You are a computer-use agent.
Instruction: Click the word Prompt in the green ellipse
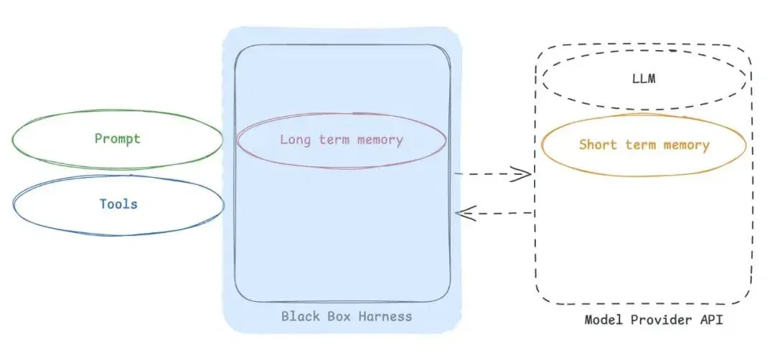pyautogui.click(x=118, y=139)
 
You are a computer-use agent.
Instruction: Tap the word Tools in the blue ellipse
pyautogui.click(x=118, y=204)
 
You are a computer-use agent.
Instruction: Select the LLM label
pyautogui.click(x=644, y=78)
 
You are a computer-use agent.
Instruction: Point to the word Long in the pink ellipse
pyautogui.click(x=296, y=140)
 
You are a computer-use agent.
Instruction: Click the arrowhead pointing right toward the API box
pyautogui.click(x=522, y=174)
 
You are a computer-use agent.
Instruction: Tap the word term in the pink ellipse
pyautogui.click(x=334, y=140)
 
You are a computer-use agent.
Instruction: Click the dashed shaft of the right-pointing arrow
pyautogui.click(x=492, y=174)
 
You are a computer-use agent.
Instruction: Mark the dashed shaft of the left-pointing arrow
pyautogui.click(x=495, y=213)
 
